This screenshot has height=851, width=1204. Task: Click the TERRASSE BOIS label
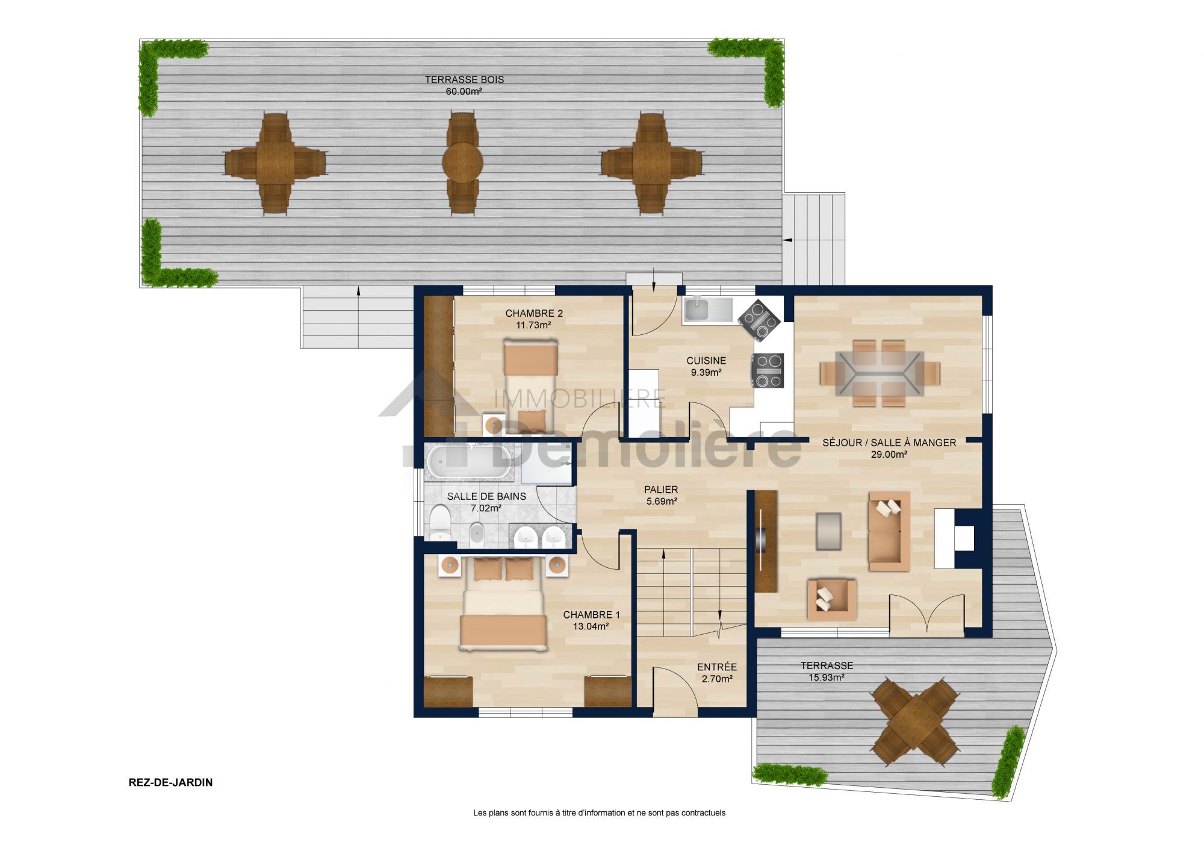click(464, 79)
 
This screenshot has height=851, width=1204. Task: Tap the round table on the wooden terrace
click(462, 162)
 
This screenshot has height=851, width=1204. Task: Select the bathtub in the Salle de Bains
click(470, 463)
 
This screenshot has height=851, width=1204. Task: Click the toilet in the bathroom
click(440, 522)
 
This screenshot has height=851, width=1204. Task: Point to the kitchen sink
click(697, 309)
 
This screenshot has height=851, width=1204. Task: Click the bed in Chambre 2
click(530, 385)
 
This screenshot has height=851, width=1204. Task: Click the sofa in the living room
click(889, 531)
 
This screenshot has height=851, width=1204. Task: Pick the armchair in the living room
click(831, 599)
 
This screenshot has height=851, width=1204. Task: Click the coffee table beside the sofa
click(828, 531)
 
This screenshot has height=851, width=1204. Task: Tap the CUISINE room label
click(706, 361)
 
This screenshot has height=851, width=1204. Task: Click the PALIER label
click(661, 490)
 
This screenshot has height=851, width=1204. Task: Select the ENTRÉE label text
click(717, 667)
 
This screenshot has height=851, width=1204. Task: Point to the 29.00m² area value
click(889, 455)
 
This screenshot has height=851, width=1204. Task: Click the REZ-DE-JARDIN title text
click(170, 782)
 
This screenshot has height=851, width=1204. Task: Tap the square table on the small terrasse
click(915, 722)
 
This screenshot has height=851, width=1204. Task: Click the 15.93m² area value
click(826, 678)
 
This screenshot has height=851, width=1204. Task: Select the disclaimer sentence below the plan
click(599, 813)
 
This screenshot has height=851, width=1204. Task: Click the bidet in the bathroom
click(476, 533)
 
